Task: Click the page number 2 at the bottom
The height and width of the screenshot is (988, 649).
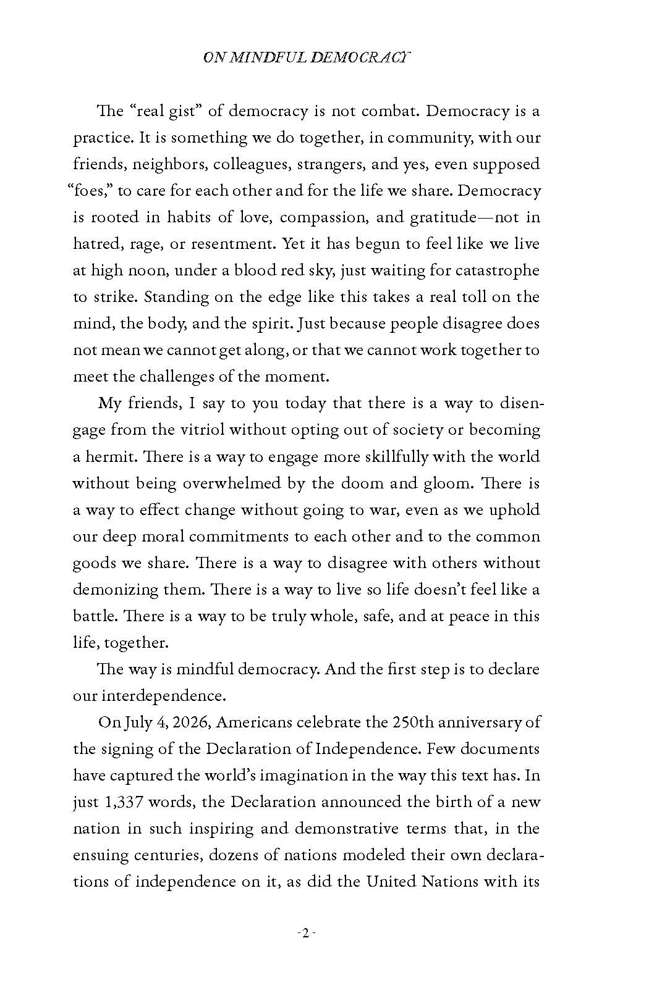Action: pos(306,933)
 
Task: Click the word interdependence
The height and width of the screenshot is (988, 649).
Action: pos(162,696)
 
